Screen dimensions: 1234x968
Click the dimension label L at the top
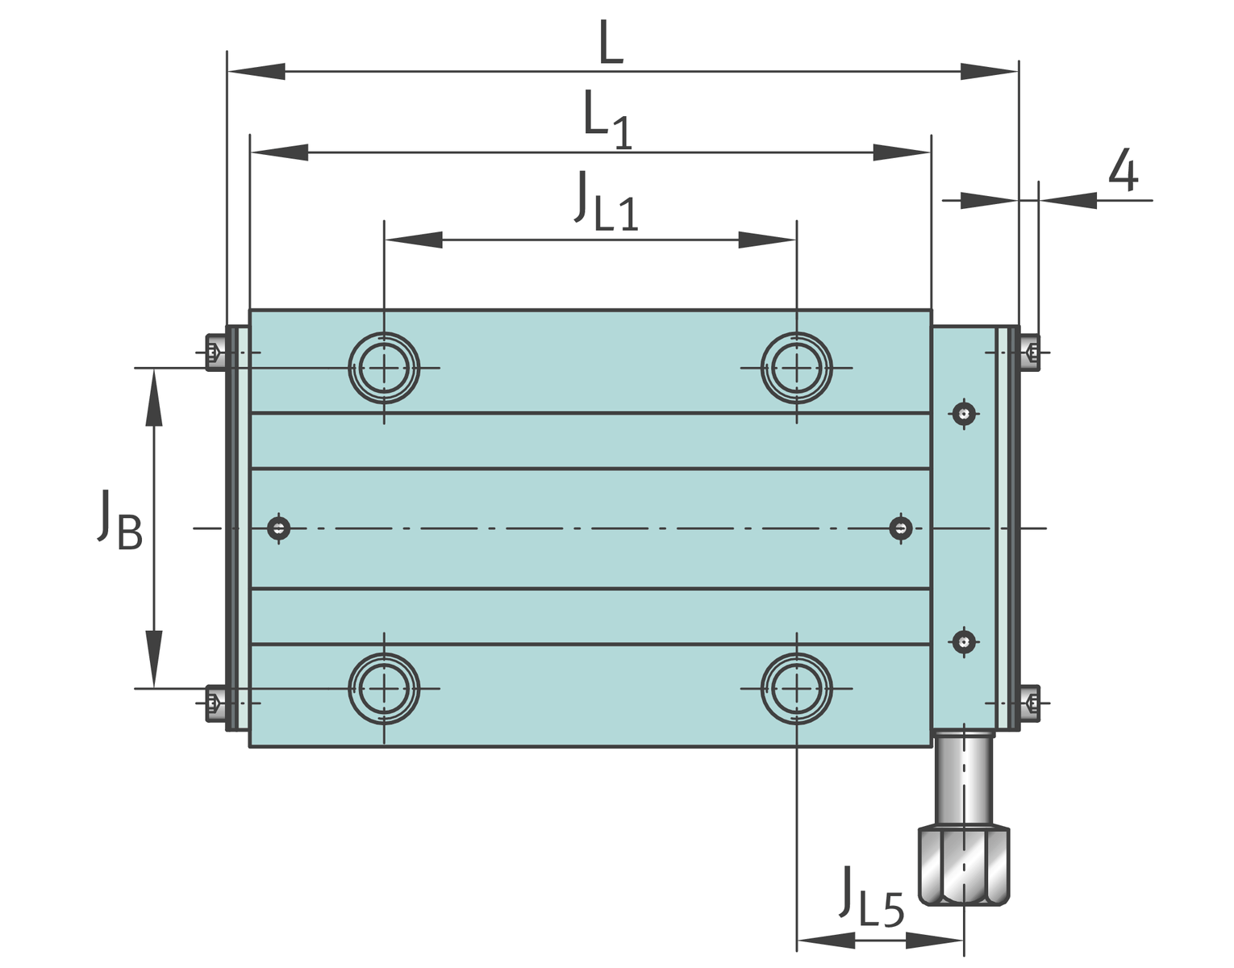pos(611,41)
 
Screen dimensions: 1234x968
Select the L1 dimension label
pos(607,120)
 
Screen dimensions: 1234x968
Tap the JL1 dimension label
pos(606,201)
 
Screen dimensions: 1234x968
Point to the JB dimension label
pos(119,519)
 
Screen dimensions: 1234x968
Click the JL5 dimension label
pos(871,898)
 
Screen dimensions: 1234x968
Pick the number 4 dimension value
pos(1124,170)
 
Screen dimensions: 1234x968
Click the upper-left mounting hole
pos(384,368)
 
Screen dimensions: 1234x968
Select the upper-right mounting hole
pos(796,368)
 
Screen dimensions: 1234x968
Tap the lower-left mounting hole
pos(384,689)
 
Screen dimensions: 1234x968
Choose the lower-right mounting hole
pos(796,689)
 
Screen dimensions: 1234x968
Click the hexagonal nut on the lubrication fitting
pos(964,866)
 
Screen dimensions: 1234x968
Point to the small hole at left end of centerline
pos(278,528)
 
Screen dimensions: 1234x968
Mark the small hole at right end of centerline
pos(901,528)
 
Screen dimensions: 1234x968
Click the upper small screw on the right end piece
pos(964,413)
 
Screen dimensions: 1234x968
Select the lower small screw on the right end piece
pos(964,642)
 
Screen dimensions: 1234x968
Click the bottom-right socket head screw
pos(1030,703)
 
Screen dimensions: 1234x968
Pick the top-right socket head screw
pos(1030,353)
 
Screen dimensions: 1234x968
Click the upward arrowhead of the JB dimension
pos(154,398)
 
